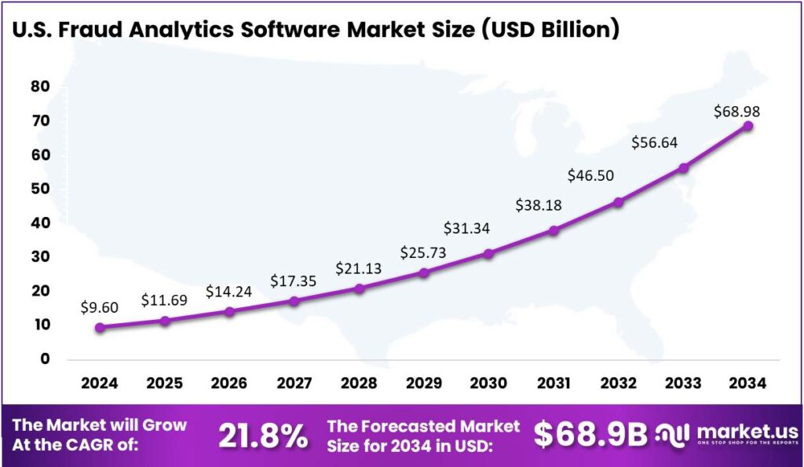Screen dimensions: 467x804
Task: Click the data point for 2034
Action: pyautogui.click(x=748, y=126)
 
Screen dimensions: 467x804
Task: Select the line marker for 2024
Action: pyautogui.click(x=100, y=327)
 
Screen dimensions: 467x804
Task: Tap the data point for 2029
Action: pyautogui.click(x=424, y=273)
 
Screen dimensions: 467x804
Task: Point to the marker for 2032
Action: pyautogui.click(x=619, y=202)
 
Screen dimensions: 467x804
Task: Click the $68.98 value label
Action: pyautogui.click(x=736, y=112)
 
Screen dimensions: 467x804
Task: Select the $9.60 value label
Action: pyautogui.click(x=99, y=307)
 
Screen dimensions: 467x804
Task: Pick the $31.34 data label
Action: pyautogui.click(x=466, y=228)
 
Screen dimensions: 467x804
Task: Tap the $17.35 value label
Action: pyautogui.click(x=294, y=280)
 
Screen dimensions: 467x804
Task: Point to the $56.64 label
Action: pyautogui.click(x=655, y=142)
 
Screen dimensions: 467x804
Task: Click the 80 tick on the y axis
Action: pyautogui.click(x=40, y=86)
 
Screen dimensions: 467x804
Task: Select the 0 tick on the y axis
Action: pyautogui.click(x=45, y=359)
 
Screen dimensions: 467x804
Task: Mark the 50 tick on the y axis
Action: pyautogui.click(x=40, y=189)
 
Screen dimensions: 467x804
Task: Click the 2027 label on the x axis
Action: pyautogui.click(x=294, y=383)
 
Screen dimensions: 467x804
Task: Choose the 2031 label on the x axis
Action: pyautogui.click(x=554, y=383)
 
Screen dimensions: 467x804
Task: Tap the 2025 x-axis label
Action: pyautogui.click(x=164, y=383)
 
